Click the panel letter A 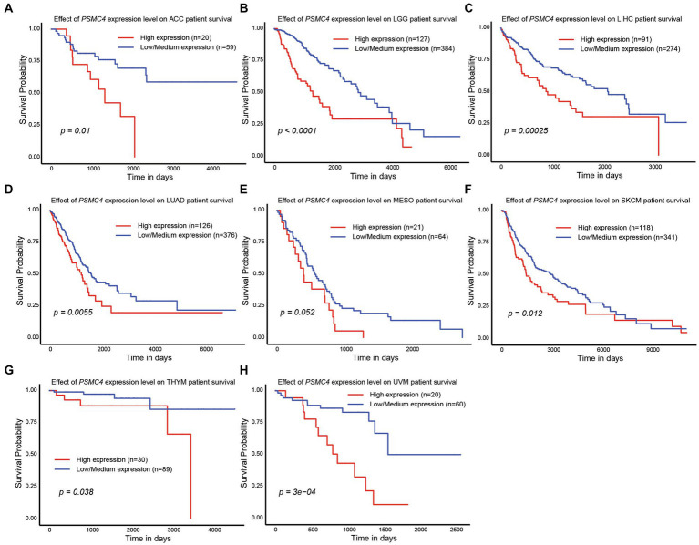7,7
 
